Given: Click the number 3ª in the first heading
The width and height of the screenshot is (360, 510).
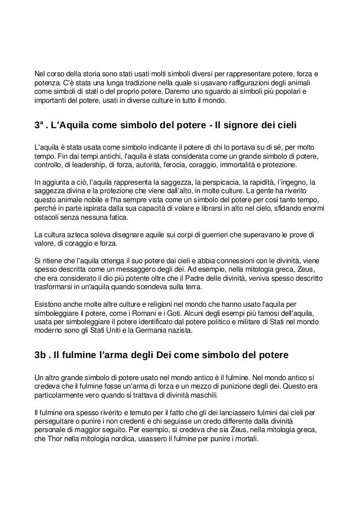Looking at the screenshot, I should pyautogui.click(x=39, y=124).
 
